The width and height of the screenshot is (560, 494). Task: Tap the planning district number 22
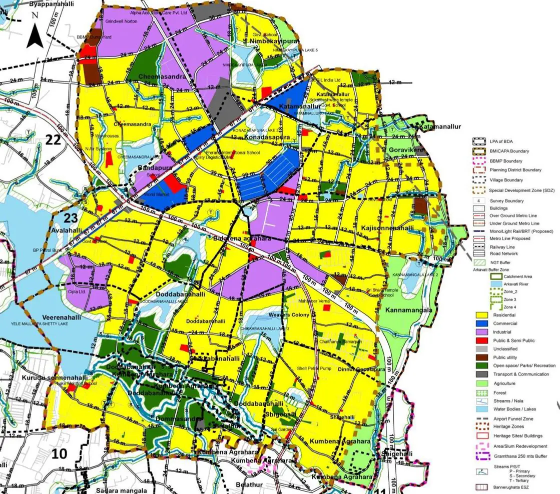point(54,140)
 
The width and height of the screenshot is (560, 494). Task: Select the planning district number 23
point(70,217)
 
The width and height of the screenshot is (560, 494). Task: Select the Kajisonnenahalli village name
point(387,228)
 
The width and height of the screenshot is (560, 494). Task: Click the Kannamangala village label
point(408,310)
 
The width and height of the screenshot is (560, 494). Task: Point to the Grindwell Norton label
point(121,21)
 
